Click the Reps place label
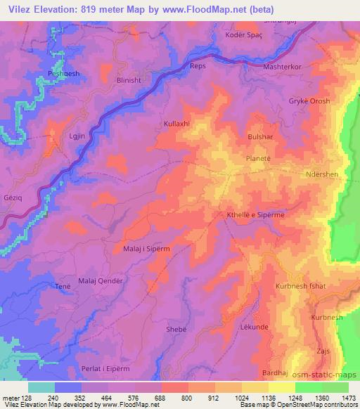pyautogui.click(x=198, y=66)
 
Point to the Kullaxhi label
pyautogui.click(x=176, y=124)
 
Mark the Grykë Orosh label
pyautogui.click(x=309, y=101)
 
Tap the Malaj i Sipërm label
pyautogui.click(x=147, y=248)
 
